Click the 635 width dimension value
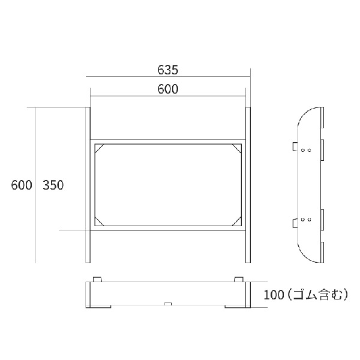(x=168, y=70)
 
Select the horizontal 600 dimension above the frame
(x=168, y=89)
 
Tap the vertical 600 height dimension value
(x=22, y=185)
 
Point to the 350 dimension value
(x=53, y=185)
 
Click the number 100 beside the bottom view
(x=274, y=295)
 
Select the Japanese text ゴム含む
(x=318, y=295)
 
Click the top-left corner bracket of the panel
(x=100, y=148)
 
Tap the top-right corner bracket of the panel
(x=237, y=148)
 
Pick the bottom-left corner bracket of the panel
(x=100, y=221)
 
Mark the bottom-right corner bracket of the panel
(x=237, y=221)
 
